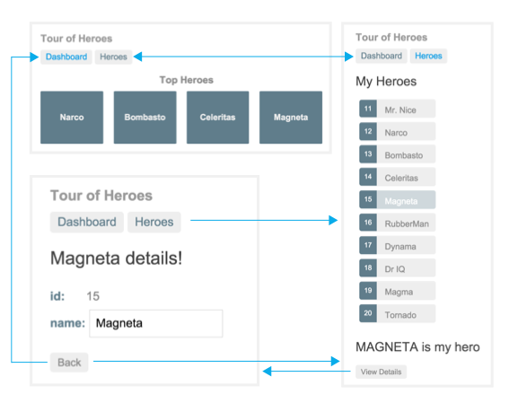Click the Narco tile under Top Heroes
click(72, 118)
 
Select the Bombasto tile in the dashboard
click(145, 118)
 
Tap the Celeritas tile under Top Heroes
click(218, 118)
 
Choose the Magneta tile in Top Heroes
click(291, 118)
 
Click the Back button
click(69, 362)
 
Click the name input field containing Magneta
click(156, 323)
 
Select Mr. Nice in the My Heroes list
click(398, 109)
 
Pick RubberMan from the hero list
click(398, 223)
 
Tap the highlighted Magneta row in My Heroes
click(398, 199)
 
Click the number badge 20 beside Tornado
click(368, 313)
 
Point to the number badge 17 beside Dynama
click(368, 245)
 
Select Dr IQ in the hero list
click(398, 268)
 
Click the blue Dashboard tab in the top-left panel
click(66, 57)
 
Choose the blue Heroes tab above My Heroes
click(428, 56)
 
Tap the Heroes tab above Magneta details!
click(154, 223)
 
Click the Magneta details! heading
click(116, 258)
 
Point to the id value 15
click(92, 296)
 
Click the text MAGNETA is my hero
click(417, 347)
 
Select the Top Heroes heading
click(187, 80)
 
